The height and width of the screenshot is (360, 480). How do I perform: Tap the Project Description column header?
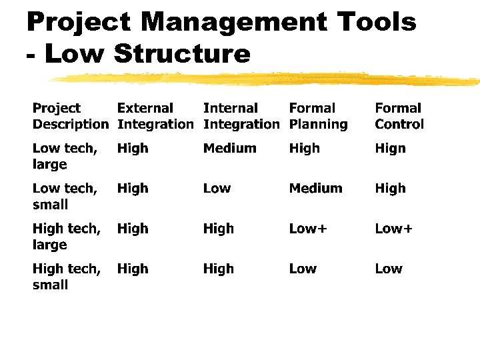pos(70,116)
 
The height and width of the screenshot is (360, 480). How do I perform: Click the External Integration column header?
pos(155,116)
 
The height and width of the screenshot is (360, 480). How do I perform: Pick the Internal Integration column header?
pos(241,116)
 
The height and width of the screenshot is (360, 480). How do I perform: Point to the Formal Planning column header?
pos(318,116)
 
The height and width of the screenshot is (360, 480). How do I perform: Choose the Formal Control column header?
pos(399,116)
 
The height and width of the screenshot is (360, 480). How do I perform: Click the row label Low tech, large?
pos(65,156)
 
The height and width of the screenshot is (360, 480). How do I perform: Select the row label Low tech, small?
pos(65,196)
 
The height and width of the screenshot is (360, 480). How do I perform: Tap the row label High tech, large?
pos(66,236)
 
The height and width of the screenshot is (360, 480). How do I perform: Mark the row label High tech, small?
pos(66,276)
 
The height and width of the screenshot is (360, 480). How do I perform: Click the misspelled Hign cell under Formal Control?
pos(390,149)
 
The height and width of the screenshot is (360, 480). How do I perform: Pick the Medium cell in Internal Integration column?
pos(229,149)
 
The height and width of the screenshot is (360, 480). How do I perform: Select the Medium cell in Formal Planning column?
pos(315,189)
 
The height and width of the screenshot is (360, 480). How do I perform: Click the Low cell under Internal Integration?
pos(217,189)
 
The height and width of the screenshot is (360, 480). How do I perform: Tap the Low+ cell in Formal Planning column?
pos(308,229)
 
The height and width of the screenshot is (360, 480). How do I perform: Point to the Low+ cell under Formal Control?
pos(393,229)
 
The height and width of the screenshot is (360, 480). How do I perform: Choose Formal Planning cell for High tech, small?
pos(303,269)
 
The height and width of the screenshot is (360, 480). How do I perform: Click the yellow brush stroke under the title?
pos(267,79)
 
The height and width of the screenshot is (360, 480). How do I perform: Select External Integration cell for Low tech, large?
pos(133,149)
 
